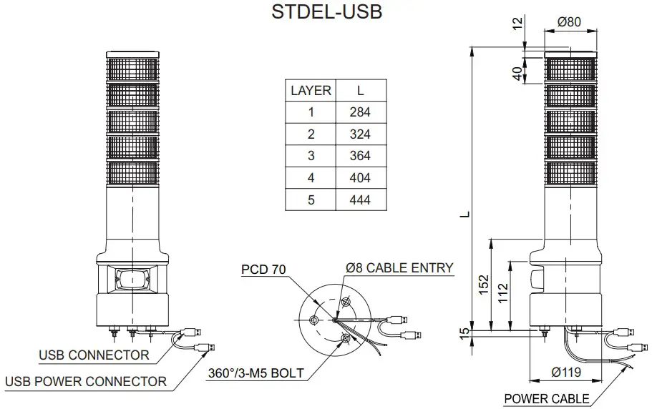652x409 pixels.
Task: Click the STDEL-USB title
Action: tap(326, 12)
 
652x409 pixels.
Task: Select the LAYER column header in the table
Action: tap(311, 91)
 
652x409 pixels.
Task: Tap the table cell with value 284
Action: tap(360, 112)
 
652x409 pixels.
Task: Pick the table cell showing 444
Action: tap(360, 199)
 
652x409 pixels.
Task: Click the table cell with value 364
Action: tap(360, 156)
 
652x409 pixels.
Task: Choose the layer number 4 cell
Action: tap(311, 178)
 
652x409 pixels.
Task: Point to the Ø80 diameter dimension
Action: tap(569, 22)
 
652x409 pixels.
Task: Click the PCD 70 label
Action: tap(263, 270)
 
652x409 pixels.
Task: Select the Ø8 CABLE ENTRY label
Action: tap(399, 268)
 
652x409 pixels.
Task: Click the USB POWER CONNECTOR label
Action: tap(86, 381)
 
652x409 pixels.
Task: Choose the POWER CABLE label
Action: tap(547, 398)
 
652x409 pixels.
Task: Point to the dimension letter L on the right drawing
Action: tap(465, 213)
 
